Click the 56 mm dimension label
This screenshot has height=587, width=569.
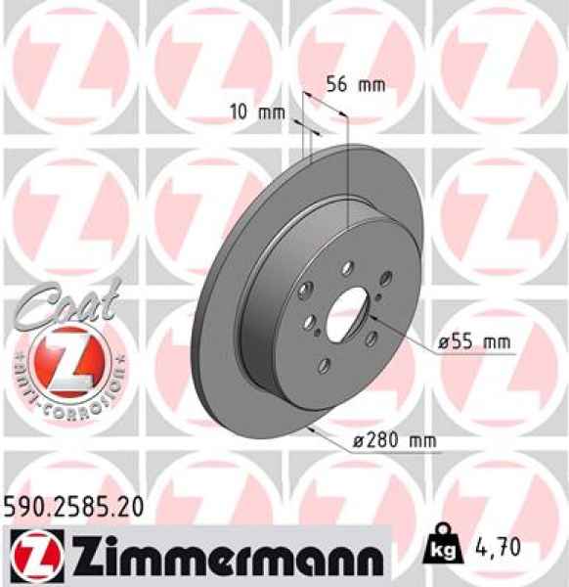tap(355, 84)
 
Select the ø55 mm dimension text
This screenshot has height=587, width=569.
tap(474, 342)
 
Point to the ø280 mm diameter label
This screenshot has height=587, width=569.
tap(393, 441)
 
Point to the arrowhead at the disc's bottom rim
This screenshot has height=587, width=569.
tap(312, 428)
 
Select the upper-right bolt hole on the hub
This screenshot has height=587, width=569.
tap(385, 279)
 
